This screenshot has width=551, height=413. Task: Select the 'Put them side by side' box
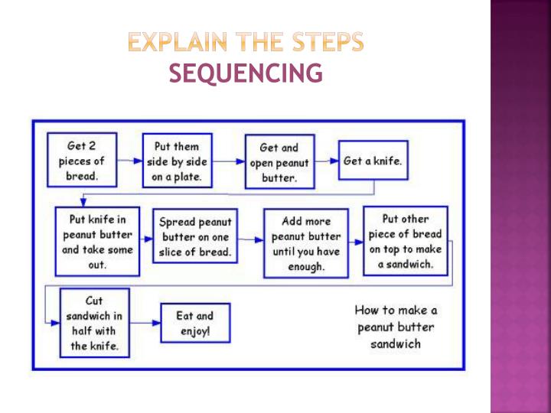177,161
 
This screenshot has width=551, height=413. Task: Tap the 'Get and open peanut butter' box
279,162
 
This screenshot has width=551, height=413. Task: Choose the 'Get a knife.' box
373,161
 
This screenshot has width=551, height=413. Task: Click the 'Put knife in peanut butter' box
97,242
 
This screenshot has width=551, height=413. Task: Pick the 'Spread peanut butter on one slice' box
195,236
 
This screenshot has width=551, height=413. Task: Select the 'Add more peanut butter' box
306,243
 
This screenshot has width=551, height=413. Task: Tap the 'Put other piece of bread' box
406,241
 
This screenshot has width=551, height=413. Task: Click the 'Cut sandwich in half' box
95,323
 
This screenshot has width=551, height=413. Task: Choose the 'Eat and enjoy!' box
195,323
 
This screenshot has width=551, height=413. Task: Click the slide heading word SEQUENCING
245,73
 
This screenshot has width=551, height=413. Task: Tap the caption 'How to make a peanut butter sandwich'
396,327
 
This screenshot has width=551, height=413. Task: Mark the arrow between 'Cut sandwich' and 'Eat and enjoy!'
145,323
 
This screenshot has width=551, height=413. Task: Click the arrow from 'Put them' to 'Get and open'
228,161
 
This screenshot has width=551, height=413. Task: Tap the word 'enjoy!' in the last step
195,330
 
